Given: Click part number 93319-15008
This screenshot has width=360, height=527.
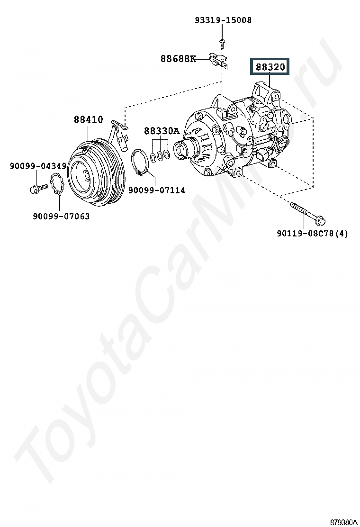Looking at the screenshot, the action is click(x=223, y=20).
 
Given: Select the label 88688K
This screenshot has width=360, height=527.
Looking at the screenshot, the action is click(x=178, y=59).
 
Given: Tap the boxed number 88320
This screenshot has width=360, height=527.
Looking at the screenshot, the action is click(x=270, y=67).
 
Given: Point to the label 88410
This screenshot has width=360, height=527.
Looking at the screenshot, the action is click(x=89, y=119).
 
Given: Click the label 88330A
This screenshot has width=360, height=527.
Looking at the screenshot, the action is click(x=162, y=131).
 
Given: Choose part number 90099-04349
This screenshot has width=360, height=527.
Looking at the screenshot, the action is click(x=38, y=166).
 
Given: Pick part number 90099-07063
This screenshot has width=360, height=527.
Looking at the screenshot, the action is click(x=61, y=216).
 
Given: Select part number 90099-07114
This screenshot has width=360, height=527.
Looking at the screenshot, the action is click(x=156, y=190).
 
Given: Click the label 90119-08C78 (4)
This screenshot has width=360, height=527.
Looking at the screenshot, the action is click(x=312, y=233).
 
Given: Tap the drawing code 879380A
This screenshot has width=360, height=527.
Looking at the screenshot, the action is click(x=343, y=522).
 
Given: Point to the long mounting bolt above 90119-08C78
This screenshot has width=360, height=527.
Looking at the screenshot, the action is click(x=308, y=212).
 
